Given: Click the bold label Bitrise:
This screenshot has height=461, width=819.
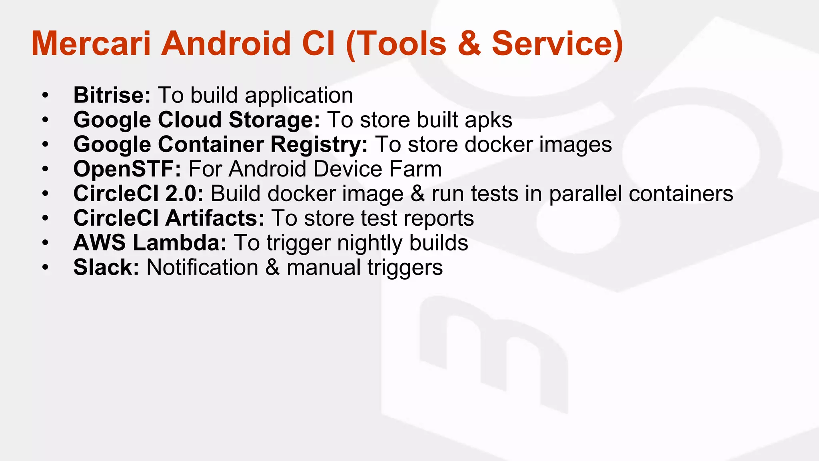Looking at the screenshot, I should click(x=112, y=95).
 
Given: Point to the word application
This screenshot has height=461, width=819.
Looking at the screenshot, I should click(x=299, y=96).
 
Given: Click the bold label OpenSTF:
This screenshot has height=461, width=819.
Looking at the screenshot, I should click(x=127, y=169).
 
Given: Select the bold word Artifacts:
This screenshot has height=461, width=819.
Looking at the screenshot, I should click(x=215, y=218).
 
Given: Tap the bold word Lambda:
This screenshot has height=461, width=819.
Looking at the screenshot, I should click(x=180, y=243).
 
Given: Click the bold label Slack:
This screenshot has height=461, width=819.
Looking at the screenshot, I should click(x=106, y=267).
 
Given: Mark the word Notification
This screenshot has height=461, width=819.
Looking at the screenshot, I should click(x=202, y=267).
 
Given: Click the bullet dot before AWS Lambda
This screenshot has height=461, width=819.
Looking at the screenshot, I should click(x=45, y=243).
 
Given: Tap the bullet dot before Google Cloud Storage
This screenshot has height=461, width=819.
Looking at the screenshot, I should click(x=45, y=120).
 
